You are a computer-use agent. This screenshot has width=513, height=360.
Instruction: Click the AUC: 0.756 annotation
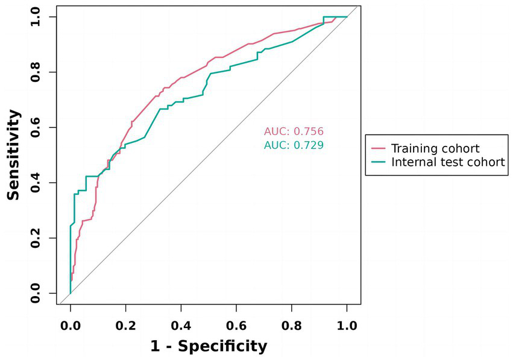294,132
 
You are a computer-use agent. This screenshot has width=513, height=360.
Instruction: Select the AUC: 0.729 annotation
294,145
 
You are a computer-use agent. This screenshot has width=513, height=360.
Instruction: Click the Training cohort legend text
435,148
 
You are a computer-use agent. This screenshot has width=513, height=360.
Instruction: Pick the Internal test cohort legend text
448,162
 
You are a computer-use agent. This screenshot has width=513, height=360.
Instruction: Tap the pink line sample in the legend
378,148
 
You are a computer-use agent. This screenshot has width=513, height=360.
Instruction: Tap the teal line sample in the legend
378,162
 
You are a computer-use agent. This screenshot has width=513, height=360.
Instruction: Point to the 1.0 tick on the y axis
38,17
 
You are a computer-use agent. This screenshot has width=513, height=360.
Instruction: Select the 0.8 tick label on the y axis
38,72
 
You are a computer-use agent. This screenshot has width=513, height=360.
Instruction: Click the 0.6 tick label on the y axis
38,128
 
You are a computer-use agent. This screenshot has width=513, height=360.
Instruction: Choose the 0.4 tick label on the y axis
38,183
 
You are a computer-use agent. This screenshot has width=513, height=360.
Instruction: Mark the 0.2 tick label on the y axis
38,238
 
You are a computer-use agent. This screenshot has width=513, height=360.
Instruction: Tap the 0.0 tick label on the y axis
38,294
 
